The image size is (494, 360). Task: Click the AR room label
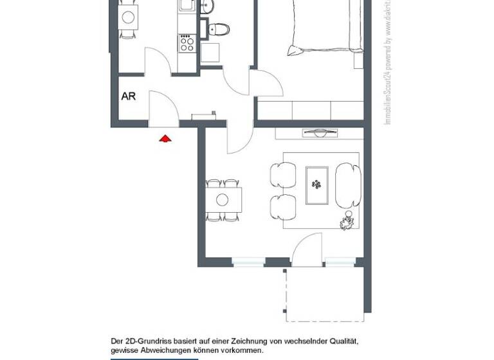coord(129,96)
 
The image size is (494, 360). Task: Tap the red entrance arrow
coord(165,138)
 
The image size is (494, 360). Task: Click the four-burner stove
coord(187,44)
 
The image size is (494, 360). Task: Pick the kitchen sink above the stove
coord(187,6)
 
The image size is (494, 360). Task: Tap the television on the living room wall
coord(320,133)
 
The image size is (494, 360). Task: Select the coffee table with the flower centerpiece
coord(317,186)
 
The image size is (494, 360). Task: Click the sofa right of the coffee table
coord(347,184)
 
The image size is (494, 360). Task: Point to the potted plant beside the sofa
coord(347,221)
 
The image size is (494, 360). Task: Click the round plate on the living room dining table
coord(223,199)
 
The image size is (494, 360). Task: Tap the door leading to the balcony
coord(306,251)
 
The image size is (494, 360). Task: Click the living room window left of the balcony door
coord(248,262)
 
